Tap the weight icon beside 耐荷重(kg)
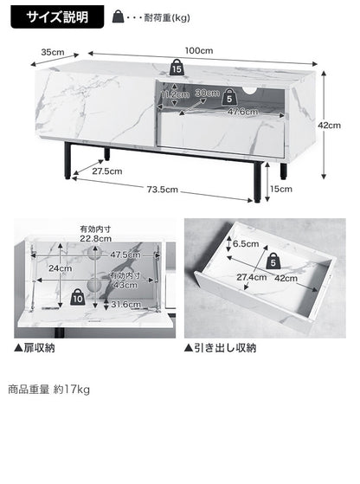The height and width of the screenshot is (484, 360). point(119,17)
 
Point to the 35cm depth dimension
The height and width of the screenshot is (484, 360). point(52,52)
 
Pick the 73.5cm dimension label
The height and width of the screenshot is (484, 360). point(161,190)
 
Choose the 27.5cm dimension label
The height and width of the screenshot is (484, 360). point(108,171)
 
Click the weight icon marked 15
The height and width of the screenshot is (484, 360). point(177,68)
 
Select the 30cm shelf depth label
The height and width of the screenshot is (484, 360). point(207,92)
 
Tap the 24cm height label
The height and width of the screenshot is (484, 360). point(59,268)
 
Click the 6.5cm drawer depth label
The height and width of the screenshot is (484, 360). point(247,243)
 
